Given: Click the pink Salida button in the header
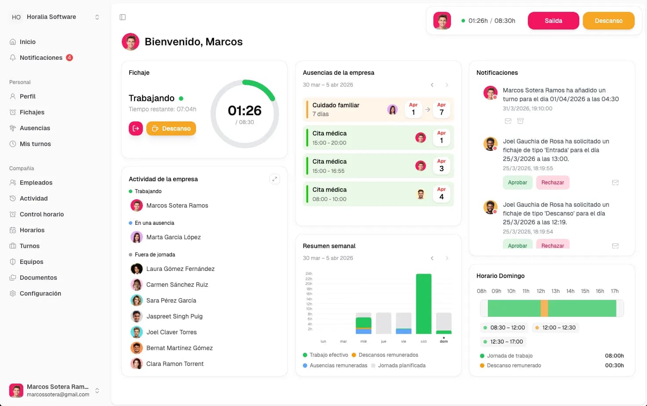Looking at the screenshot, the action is tap(553, 21).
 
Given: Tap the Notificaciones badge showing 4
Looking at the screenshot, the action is tap(69, 58).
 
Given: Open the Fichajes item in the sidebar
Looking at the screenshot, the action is tap(32, 112).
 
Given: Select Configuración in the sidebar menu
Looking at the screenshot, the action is tap(40, 293).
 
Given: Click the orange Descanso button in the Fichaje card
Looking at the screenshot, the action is tap(171, 128).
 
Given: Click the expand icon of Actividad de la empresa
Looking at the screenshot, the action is tap(274, 179).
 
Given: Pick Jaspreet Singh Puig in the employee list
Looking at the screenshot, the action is tap(174, 316).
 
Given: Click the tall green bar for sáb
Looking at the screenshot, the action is tap(423, 304).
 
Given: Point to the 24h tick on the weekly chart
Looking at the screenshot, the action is tap(309, 273).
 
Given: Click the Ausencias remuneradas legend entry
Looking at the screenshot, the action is tap(335, 365).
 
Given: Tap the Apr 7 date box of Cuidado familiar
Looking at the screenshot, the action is tap(441, 109).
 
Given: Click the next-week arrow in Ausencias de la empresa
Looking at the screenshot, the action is tap(447, 84).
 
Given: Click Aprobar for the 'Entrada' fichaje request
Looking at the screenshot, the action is tap(517, 183).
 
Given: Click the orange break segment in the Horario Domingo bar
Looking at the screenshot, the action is tap(544, 308).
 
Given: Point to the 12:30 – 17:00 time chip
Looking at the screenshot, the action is tap(503, 342).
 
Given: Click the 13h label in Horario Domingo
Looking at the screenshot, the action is tap(555, 291).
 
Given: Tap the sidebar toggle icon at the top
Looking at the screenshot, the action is tap(123, 17).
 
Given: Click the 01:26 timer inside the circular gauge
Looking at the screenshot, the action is tap(244, 110).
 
